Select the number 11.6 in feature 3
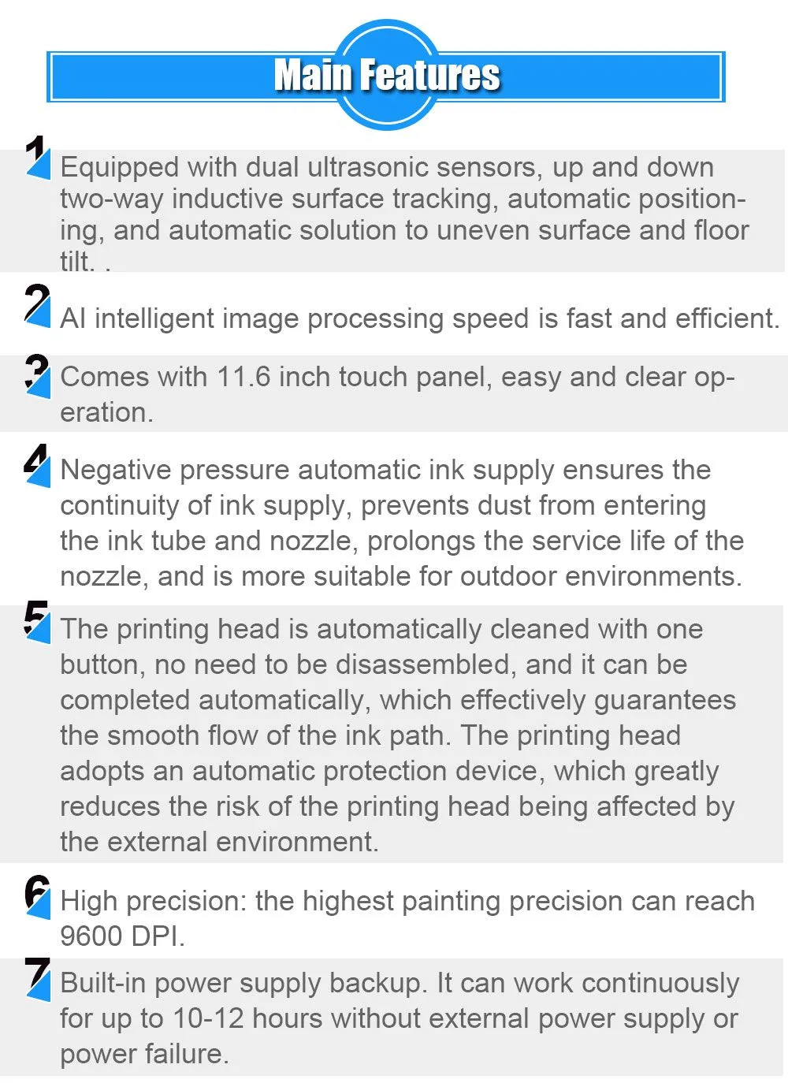coord(243,377)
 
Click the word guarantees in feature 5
coord(665,701)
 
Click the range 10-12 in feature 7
coord(208,1018)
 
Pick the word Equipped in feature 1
coord(120,168)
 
